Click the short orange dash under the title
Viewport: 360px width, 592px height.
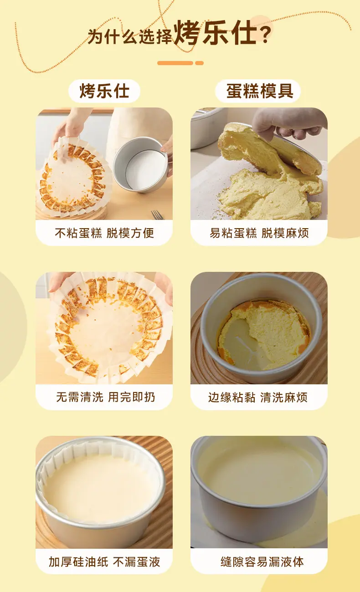(x=199, y=63)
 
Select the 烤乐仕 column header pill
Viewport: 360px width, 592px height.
(x=104, y=91)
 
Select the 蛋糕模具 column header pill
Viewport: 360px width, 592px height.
(x=258, y=91)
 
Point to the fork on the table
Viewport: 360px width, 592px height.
(x=157, y=214)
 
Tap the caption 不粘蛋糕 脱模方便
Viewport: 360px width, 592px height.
(x=104, y=233)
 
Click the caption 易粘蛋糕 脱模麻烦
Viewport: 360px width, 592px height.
(x=259, y=233)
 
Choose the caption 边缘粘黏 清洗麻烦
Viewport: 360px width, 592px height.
(x=258, y=397)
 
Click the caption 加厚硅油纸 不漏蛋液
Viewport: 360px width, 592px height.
(x=104, y=562)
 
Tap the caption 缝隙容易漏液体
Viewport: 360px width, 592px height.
(x=262, y=562)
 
